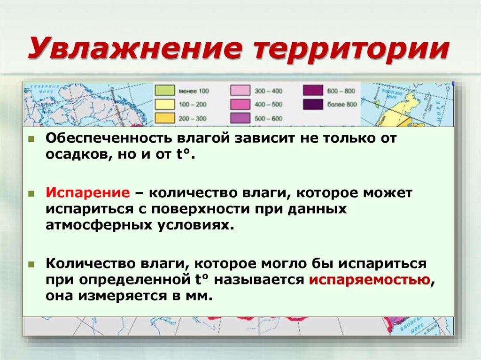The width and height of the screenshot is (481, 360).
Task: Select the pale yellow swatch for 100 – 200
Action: click(165, 104)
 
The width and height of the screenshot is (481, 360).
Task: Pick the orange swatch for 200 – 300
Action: click(165, 118)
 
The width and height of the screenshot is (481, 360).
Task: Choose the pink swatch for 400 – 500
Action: click(239, 104)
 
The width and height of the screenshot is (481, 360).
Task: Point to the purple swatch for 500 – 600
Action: click(239, 118)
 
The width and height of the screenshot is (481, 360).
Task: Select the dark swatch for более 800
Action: click(312, 104)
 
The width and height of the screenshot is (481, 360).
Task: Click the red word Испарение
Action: click(87, 193)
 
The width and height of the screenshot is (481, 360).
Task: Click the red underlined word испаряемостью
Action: click(369, 280)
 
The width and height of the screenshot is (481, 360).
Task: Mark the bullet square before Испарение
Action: click(31, 193)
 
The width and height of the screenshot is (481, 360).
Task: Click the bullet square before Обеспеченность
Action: click(31, 139)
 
